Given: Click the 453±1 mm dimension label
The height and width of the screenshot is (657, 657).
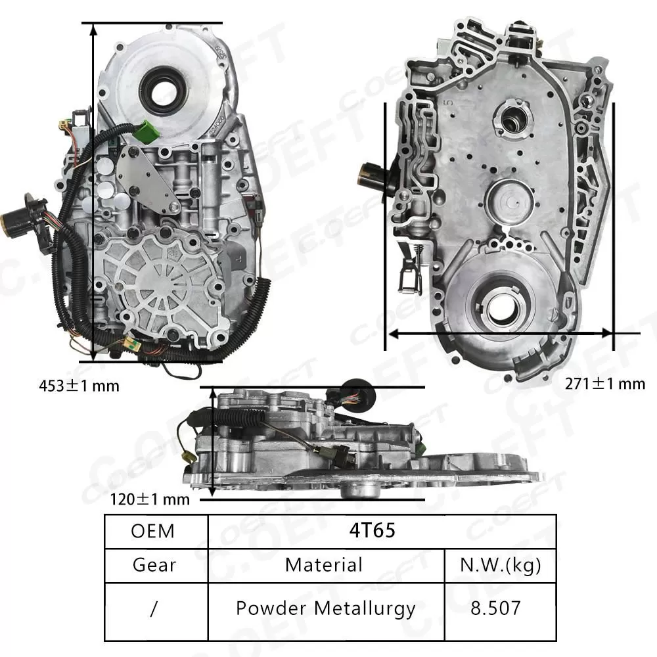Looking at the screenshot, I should (x=79, y=386).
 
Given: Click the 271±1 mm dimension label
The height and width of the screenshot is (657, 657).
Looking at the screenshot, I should (x=605, y=383).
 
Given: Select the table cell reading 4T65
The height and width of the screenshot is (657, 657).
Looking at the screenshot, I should (x=382, y=530).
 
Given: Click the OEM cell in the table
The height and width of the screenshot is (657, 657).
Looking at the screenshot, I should (x=153, y=530).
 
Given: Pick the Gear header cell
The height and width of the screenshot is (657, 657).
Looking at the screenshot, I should (x=154, y=564).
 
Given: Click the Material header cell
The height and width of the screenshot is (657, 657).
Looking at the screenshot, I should (x=323, y=564).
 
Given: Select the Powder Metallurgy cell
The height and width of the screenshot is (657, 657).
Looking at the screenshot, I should (x=326, y=608).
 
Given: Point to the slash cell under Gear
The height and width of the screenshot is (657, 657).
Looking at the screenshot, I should (x=154, y=608).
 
